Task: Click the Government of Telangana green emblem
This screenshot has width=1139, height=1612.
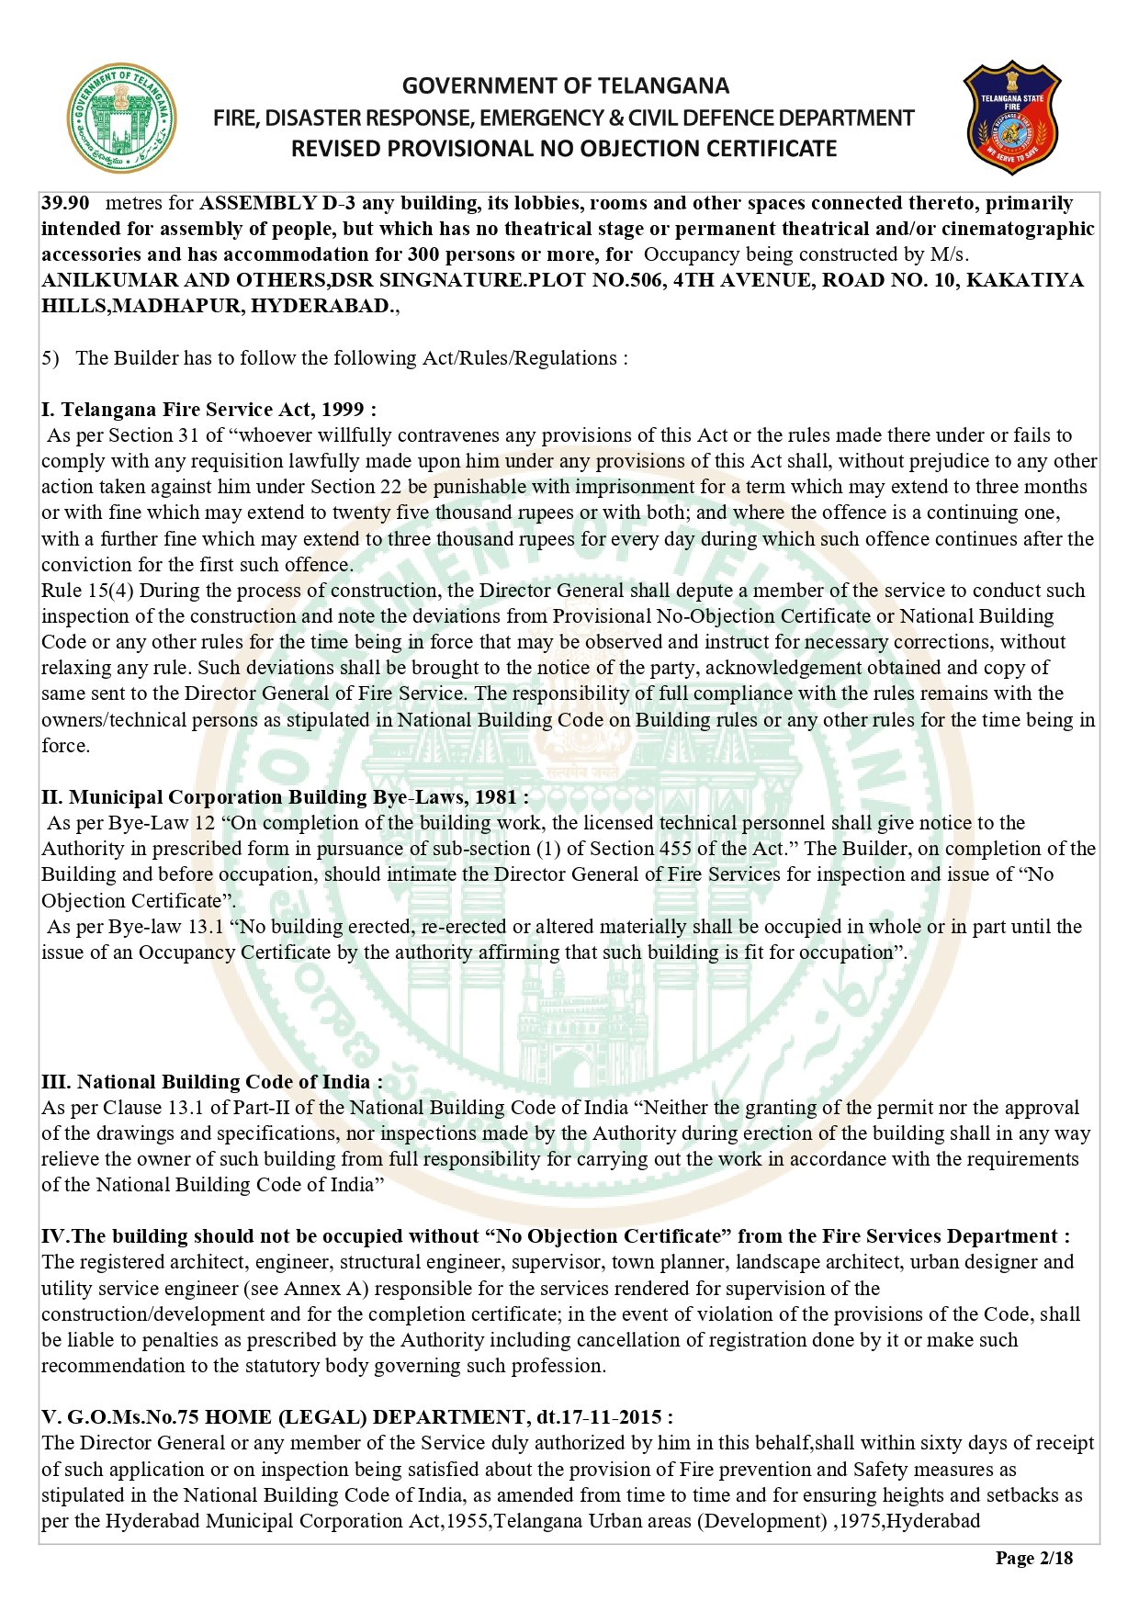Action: [122, 118]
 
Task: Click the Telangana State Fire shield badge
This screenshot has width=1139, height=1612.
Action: [1011, 118]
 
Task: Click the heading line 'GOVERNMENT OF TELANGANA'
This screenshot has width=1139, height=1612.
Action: [565, 86]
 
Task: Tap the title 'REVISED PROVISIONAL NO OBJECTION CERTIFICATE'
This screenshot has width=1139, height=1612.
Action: [564, 149]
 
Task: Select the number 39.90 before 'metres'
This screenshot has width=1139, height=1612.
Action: [65, 203]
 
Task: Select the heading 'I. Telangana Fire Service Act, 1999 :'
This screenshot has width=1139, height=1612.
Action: [209, 410]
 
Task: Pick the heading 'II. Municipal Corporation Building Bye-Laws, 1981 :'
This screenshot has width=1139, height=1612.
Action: [285, 797]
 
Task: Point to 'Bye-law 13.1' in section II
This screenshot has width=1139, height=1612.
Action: [166, 927]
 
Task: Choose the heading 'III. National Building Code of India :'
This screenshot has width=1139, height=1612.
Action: [212, 1082]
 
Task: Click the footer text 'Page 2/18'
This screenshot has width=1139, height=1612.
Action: [1033, 1558]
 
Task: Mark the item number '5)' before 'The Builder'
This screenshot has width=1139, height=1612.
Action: [51, 358]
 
